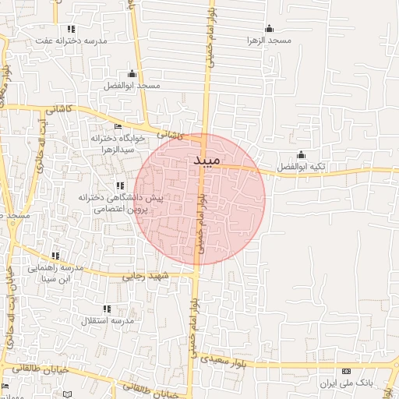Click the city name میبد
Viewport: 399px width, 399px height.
202,161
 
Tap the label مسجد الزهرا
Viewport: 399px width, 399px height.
269,39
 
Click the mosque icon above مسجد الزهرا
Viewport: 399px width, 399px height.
270,28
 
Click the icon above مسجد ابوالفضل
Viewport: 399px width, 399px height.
131,74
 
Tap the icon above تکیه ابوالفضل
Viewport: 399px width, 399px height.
301,154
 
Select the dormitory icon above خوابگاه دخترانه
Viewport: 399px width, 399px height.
118,126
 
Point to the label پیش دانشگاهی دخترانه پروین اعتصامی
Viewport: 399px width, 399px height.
120,203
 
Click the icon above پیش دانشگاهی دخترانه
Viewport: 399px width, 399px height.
119,185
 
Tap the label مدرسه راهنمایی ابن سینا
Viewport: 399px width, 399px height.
55,273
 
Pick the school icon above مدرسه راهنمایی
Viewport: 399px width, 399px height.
55,256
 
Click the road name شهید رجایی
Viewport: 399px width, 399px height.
144,275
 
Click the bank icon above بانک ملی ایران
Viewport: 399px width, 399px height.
347,371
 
